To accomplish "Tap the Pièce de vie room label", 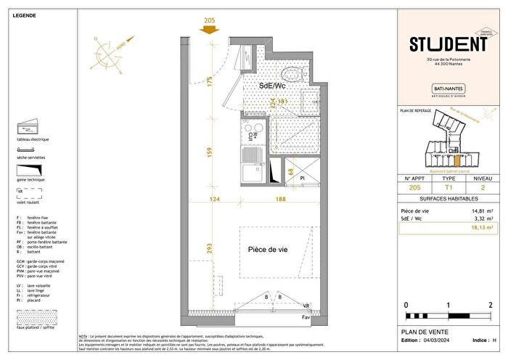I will pos(268,249).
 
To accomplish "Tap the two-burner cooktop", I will pos(252,133).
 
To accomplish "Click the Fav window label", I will pos(306,317).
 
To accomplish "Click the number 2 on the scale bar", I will pos(491,305).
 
